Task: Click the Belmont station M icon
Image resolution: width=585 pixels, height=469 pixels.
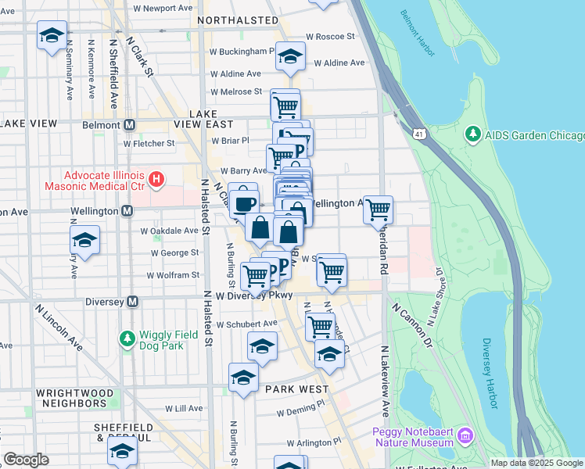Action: point(130,124)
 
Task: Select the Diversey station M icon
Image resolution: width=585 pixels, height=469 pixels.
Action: point(132,301)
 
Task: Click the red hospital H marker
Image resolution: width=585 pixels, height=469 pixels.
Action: point(156,181)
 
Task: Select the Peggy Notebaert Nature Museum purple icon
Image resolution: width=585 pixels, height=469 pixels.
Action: point(465,435)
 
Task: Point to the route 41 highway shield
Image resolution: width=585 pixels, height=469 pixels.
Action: point(421,134)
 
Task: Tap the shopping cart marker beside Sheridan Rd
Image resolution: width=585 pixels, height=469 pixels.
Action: point(379,209)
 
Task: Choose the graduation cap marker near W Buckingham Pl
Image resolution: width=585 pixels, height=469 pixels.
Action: point(290,57)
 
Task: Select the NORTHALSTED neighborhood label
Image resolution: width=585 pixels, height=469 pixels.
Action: point(238,20)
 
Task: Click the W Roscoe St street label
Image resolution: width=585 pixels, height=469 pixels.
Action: point(330,36)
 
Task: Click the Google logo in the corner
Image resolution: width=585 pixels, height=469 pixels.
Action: point(26,460)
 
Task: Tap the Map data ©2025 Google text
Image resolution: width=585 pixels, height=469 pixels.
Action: point(537,463)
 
